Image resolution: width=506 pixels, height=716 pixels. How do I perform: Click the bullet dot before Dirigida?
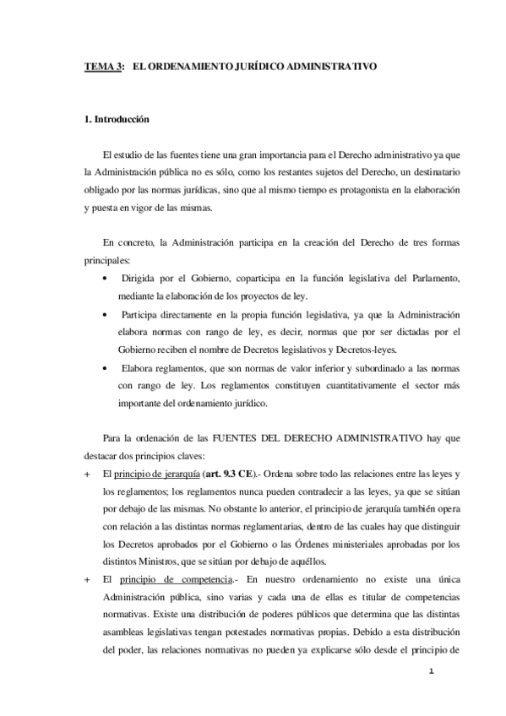click(x=104, y=279)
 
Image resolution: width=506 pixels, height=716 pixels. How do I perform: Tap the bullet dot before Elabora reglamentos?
click(x=104, y=368)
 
